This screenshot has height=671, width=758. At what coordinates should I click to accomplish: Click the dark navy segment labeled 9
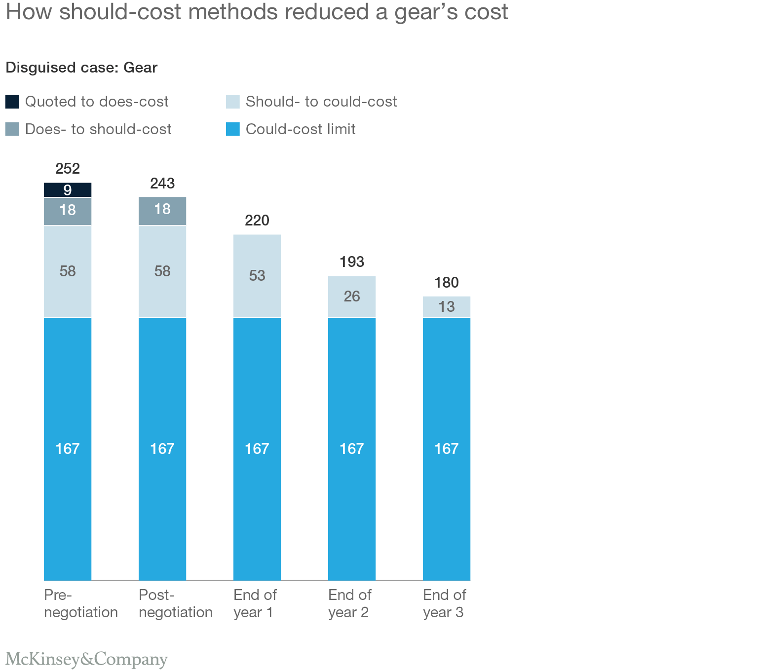pyautogui.click(x=68, y=190)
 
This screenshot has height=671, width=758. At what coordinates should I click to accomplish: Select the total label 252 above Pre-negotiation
pyautogui.click(x=68, y=169)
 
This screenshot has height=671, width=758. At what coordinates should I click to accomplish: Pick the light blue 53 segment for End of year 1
pyautogui.click(x=257, y=275)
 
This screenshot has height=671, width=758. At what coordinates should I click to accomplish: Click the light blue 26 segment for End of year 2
pyautogui.click(x=352, y=296)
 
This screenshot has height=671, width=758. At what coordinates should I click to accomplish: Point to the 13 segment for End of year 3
pyautogui.click(x=447, y=307)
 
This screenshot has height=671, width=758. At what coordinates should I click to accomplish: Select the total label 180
pyautogui.click(x=447, y=283)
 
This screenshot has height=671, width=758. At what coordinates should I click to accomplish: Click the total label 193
pyautogui.click(x=352, y=262)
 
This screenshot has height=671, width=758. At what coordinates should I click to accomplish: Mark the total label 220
pyautogui.click(x=257, y=220)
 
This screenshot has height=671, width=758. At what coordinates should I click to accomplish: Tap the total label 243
pyautogui.click(x=162, y=184)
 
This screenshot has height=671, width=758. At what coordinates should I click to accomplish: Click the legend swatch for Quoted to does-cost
pyautogui.click(x=12, y=102)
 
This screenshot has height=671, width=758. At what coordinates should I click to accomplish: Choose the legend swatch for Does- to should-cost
pyautogui.click(x=12, y=129)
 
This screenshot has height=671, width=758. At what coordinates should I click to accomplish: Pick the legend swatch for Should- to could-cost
pyautogui.click(x=233, y=102)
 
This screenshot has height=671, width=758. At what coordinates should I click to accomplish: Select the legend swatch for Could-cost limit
pyautogui.click(x=233, y=129)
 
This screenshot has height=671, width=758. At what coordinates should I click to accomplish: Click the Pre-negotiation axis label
pyautogui.click(x=80, y=603)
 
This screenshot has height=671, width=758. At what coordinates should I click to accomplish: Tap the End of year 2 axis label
pyautogui.click(x=349, y=603)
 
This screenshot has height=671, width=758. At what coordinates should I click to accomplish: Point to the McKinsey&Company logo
pyautogui.click(x=87, y=659)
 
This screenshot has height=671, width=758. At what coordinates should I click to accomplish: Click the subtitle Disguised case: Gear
pyautogui.click(x=81, y=68)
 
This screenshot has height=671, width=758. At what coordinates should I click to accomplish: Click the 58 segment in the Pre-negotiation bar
pyautogui.click(x=68, y=271)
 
